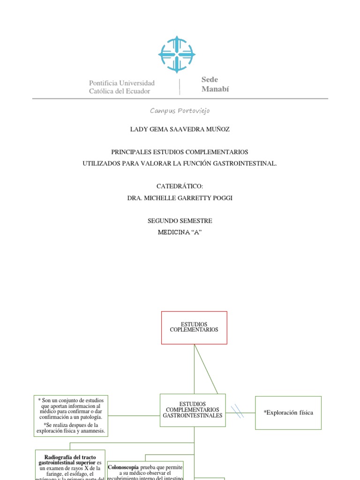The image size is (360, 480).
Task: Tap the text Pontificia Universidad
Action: click(122, 83)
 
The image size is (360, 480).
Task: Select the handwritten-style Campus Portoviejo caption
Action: click(180, 111)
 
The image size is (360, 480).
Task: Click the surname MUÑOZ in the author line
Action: click(217, 129)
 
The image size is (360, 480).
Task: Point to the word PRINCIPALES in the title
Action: click(130, 152)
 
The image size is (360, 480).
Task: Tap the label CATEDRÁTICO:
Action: click(180, 186)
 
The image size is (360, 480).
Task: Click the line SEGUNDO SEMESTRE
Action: click(180, 220)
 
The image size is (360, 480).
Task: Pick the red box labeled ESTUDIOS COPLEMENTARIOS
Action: click(194, 327)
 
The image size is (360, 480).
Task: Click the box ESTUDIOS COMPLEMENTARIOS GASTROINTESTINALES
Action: click(193, 410)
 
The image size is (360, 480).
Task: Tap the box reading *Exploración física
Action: click(288, 412)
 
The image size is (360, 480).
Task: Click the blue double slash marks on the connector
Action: click(238, 412)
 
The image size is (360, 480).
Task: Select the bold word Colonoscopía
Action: click(123, 467)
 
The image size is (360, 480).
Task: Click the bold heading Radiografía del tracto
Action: click(70, 457)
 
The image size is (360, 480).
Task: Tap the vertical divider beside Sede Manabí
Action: click(180, 87)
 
